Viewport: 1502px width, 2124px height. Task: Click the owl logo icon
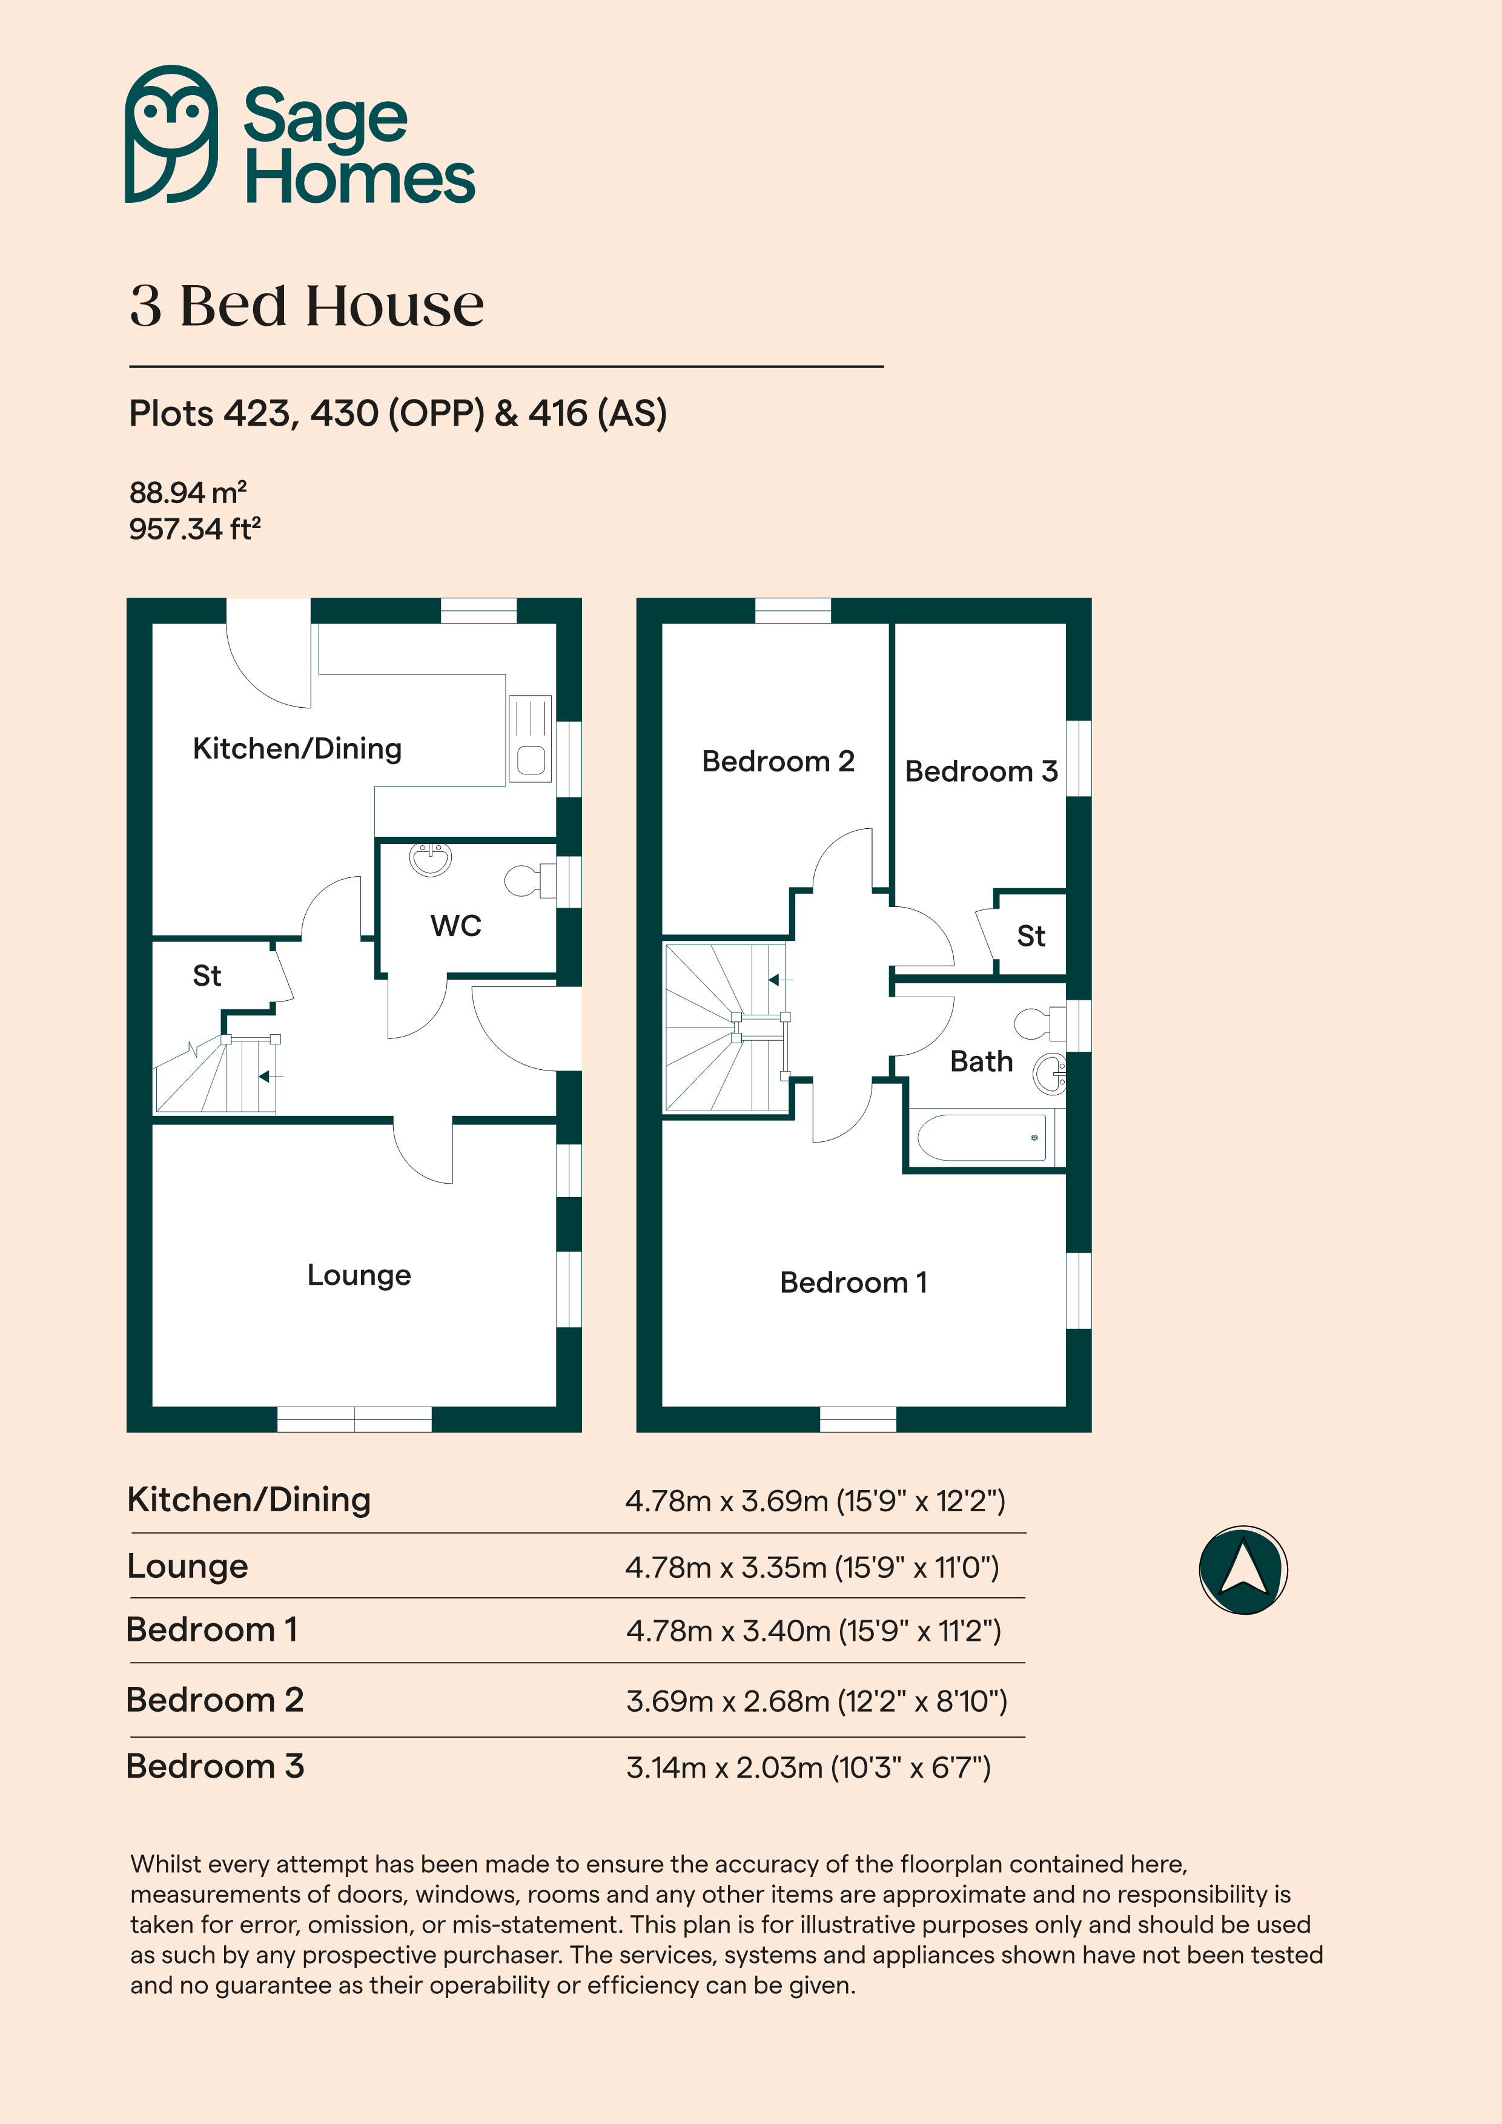coord(172,134)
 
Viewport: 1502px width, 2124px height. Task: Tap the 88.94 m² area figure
coord(188,492)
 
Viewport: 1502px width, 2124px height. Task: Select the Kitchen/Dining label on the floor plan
coord(297,748)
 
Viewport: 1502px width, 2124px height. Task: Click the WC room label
coord(456,926)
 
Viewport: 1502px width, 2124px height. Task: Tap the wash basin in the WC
coord(431,859)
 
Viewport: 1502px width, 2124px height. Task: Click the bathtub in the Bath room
coord(982,1137)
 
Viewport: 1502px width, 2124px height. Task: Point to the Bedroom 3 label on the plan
coord(981,771)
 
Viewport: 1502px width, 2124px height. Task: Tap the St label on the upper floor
coord(1031,936)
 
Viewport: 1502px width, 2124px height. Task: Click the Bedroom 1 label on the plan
coord(853,1282)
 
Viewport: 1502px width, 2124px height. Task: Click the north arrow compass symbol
coord(1243,1570)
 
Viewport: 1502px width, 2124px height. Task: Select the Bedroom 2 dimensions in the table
coord(816,1701)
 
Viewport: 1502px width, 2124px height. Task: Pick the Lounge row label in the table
coord(188,1566)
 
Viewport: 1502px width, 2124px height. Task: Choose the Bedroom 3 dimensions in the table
coord(808,1768)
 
